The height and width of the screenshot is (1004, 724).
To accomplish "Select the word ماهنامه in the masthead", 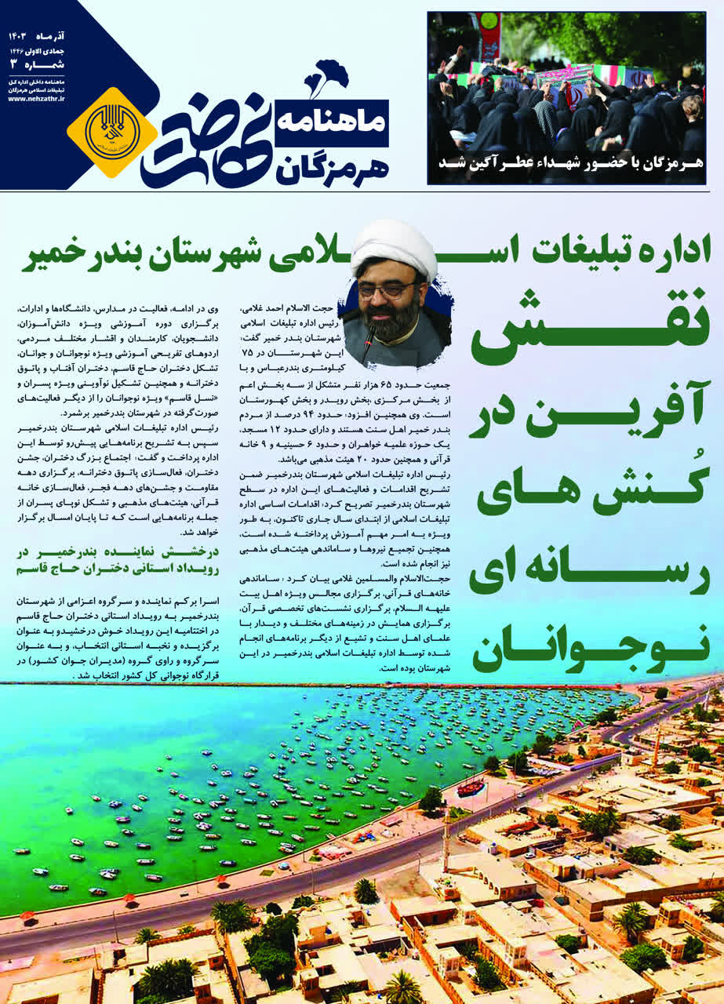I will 330,120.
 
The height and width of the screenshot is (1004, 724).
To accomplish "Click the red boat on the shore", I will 470,787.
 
